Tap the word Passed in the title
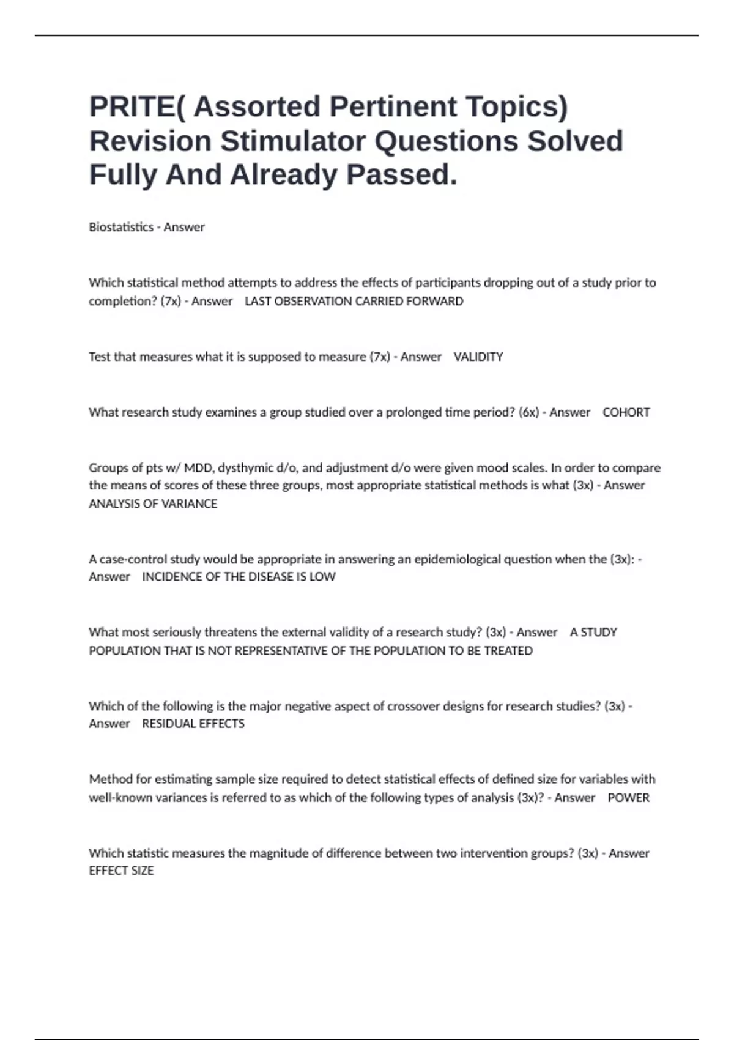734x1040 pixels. pos(401,174)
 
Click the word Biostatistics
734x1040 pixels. pos(121,227)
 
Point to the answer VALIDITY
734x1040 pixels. pos(478,357)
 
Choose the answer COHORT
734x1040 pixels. pos(626,412)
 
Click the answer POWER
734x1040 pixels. pos(628,798)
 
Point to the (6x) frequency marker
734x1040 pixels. pos(528,412)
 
